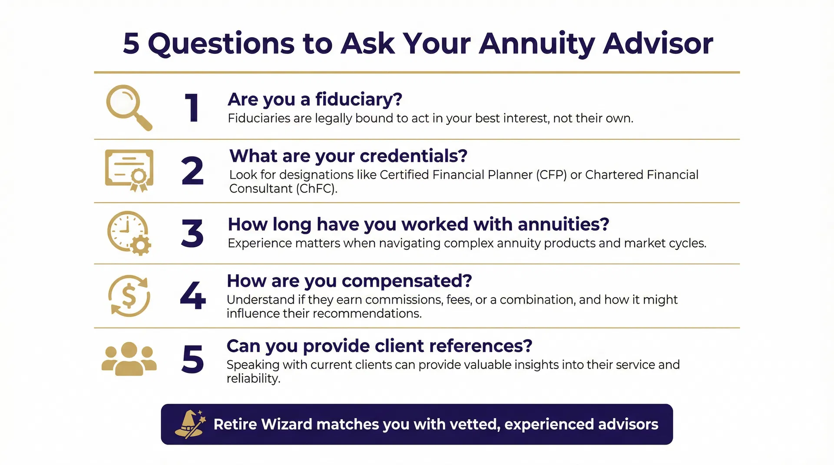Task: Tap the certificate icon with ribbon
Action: pyautogui.click(x=129, y=170)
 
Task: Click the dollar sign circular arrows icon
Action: pyautogui.click(x=129, y=296)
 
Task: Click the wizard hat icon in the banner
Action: pyautogui.click(x=189, y=424)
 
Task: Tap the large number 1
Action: pyautogui.click(x=192, y=108)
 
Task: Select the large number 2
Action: pyautogui.click(x=192, y=171)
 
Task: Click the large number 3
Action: pyautogui.click(x=192, y=233)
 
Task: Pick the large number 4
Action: pyautogui.click(x=193, y=296)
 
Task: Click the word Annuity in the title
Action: pyautogui.click(x=537, y=44)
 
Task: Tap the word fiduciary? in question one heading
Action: pyautogui.click(x=359, y=99)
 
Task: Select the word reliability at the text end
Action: pyautogui.click(x=253, y=379)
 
